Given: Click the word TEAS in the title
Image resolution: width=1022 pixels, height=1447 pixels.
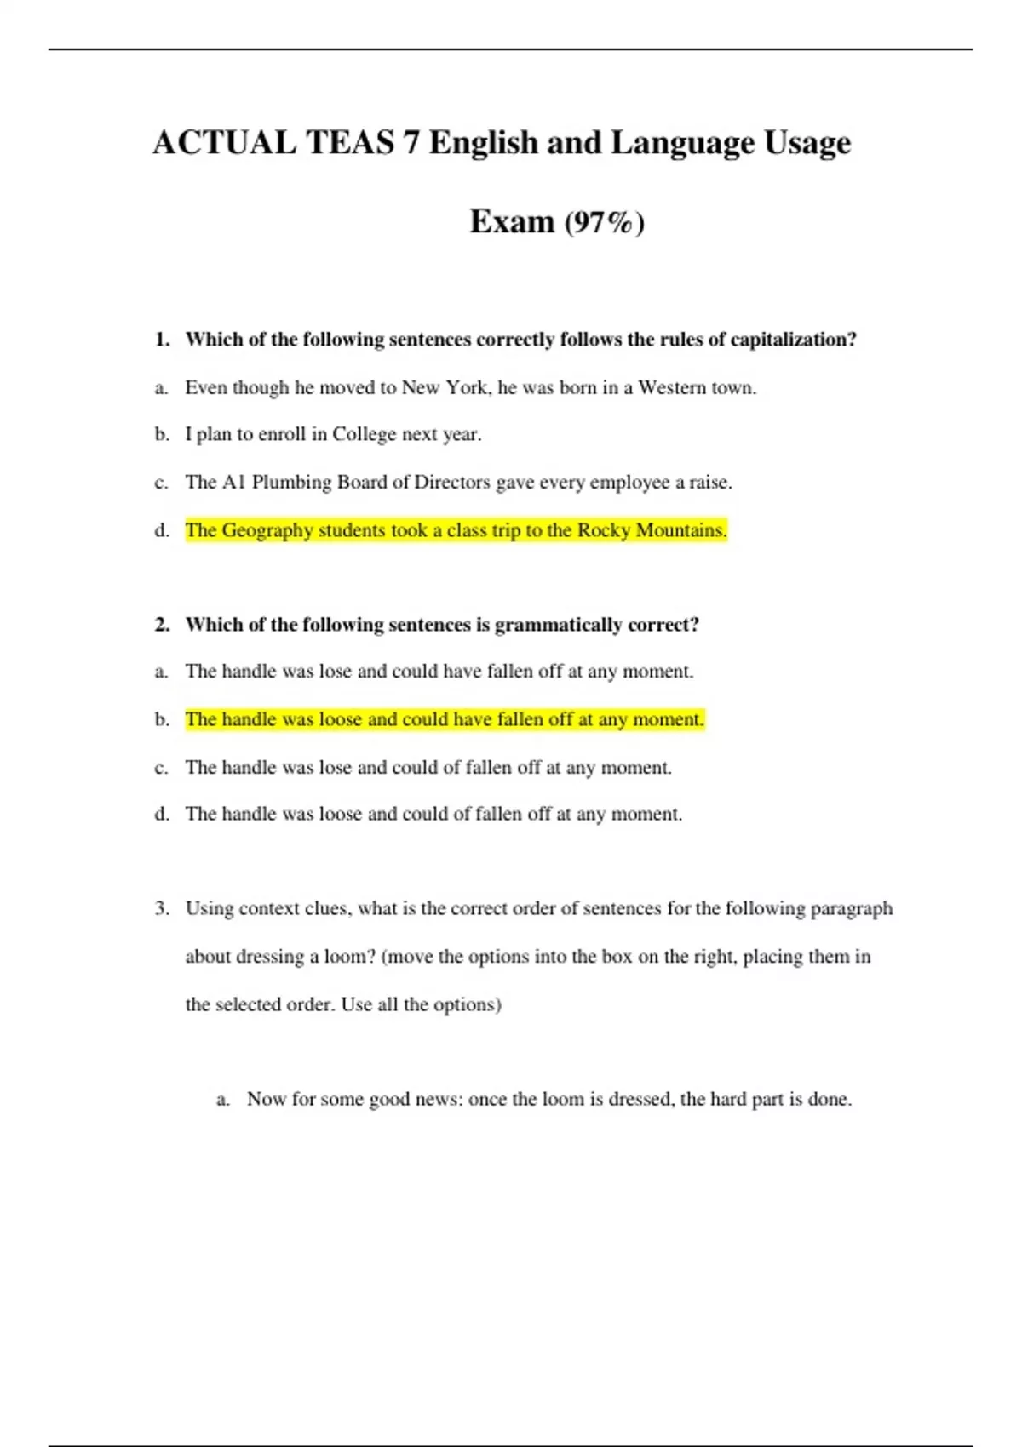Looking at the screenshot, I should pyautogui.click(x=350, y=142).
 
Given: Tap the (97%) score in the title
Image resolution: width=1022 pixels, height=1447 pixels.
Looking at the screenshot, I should pyautogui.click(x=604, y=222).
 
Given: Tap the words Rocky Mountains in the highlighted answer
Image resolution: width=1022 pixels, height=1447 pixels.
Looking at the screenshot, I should pyautogui.click(x=652, y=530).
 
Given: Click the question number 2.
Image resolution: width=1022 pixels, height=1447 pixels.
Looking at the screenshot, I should pyautogui.click(x=162, y=625).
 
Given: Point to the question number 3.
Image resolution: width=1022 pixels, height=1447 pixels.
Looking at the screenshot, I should pyautogui.click(x=162, y=908).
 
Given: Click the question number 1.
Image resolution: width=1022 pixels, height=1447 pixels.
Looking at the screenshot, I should pyautogui.click(x=162, y=340).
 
